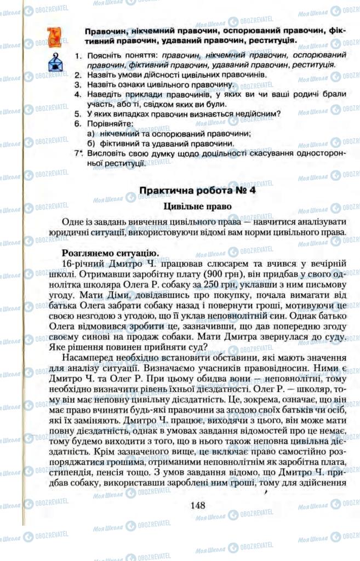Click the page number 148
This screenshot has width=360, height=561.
(x=198, y=505)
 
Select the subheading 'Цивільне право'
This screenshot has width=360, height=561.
(x=198, y=207)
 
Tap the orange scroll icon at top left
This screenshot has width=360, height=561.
(x=54, y=36)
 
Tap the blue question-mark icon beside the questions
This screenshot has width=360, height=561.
(x=54, y=64)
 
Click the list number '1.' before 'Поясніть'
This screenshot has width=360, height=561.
(x=79, y=56)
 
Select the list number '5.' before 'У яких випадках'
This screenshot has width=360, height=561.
(x=78, y=114)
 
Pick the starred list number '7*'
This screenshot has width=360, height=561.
(x=79, y=153)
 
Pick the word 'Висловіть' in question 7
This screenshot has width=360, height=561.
(x=106, y=153)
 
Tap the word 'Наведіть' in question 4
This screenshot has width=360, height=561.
(x=104, y=94)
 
